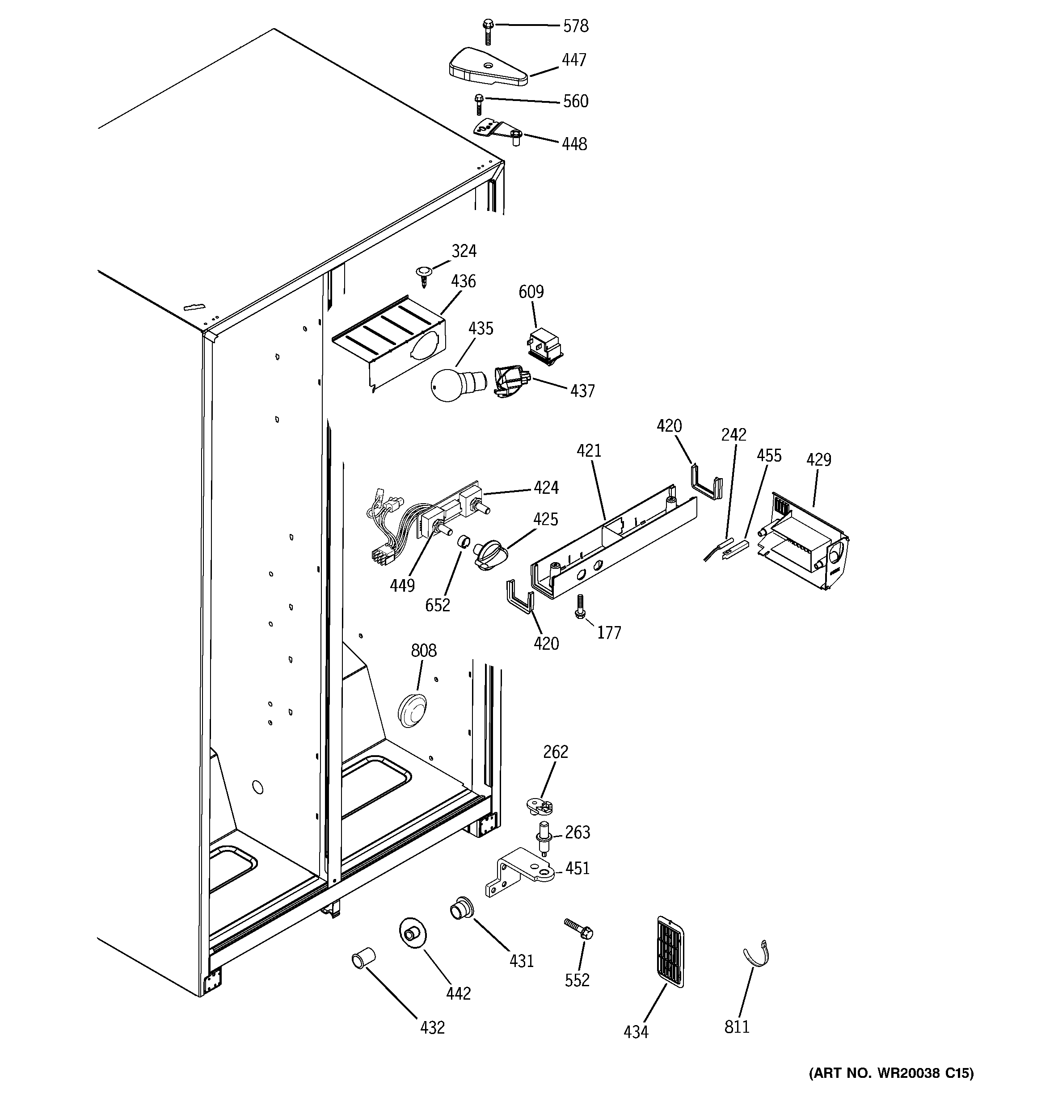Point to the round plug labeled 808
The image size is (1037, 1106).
[x=413, y=711]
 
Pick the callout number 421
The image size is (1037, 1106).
[x=589, y=450]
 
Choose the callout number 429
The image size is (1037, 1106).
[x=818, y=459]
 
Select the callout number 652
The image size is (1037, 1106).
[x=438, y=605]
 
